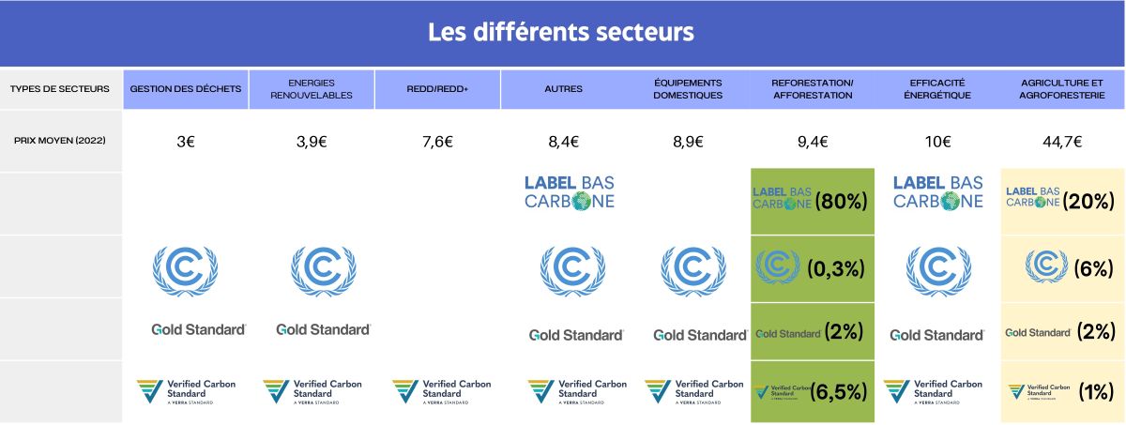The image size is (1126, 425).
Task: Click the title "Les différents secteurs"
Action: pyautogui.click(x=561, y=33)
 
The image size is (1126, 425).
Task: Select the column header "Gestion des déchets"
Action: pyautogui.click(x=186, y=89)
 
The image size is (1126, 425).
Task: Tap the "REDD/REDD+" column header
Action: pyautogui.click(x=437, y=89)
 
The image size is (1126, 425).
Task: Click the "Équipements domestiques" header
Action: pyautogui.click(x=688, y=89)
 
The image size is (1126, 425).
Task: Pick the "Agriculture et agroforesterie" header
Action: pyautogui.click(x=1062, y=89)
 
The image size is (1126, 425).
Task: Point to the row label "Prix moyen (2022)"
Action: pyautogui.click(x=59, y=141)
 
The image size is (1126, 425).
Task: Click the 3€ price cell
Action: pyautogui.click(x=186, y=143)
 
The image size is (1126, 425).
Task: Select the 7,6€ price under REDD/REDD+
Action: pyautogui.click(x=437, y=143)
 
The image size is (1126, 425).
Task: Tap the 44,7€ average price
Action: pyautogui.click(x=1062, y=143)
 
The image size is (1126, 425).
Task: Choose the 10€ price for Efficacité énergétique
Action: pyautogui.click(x=938, y=143)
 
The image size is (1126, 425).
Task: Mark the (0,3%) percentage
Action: pyautogui.click(x=835, y=269)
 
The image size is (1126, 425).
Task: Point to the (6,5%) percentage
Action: pyautogui.click(x=838, y=392)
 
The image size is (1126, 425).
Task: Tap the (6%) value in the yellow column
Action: pyautogui.click(x=1092, y=268)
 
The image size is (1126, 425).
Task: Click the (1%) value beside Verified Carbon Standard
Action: pyautogui.click(x=1095, y=392)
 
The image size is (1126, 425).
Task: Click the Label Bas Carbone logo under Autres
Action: pyautogui.click(x=570, y=192)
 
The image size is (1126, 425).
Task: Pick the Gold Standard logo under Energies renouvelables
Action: pyautogui.click(x=324, y=330)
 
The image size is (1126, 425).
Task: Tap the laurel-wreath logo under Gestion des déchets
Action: pyautogui.click(x=185, y=270)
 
